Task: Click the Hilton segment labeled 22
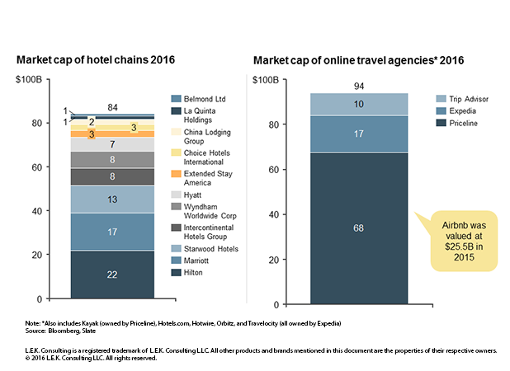112,274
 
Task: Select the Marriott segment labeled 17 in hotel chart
112,232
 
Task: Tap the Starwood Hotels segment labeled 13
112,199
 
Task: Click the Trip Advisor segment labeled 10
359,104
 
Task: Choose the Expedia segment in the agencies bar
359,134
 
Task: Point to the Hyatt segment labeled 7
112,144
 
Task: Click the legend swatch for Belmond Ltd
176,96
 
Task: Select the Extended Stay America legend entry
202,178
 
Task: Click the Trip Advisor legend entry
456,97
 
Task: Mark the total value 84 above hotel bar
112,107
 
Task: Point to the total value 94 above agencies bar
359,86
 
